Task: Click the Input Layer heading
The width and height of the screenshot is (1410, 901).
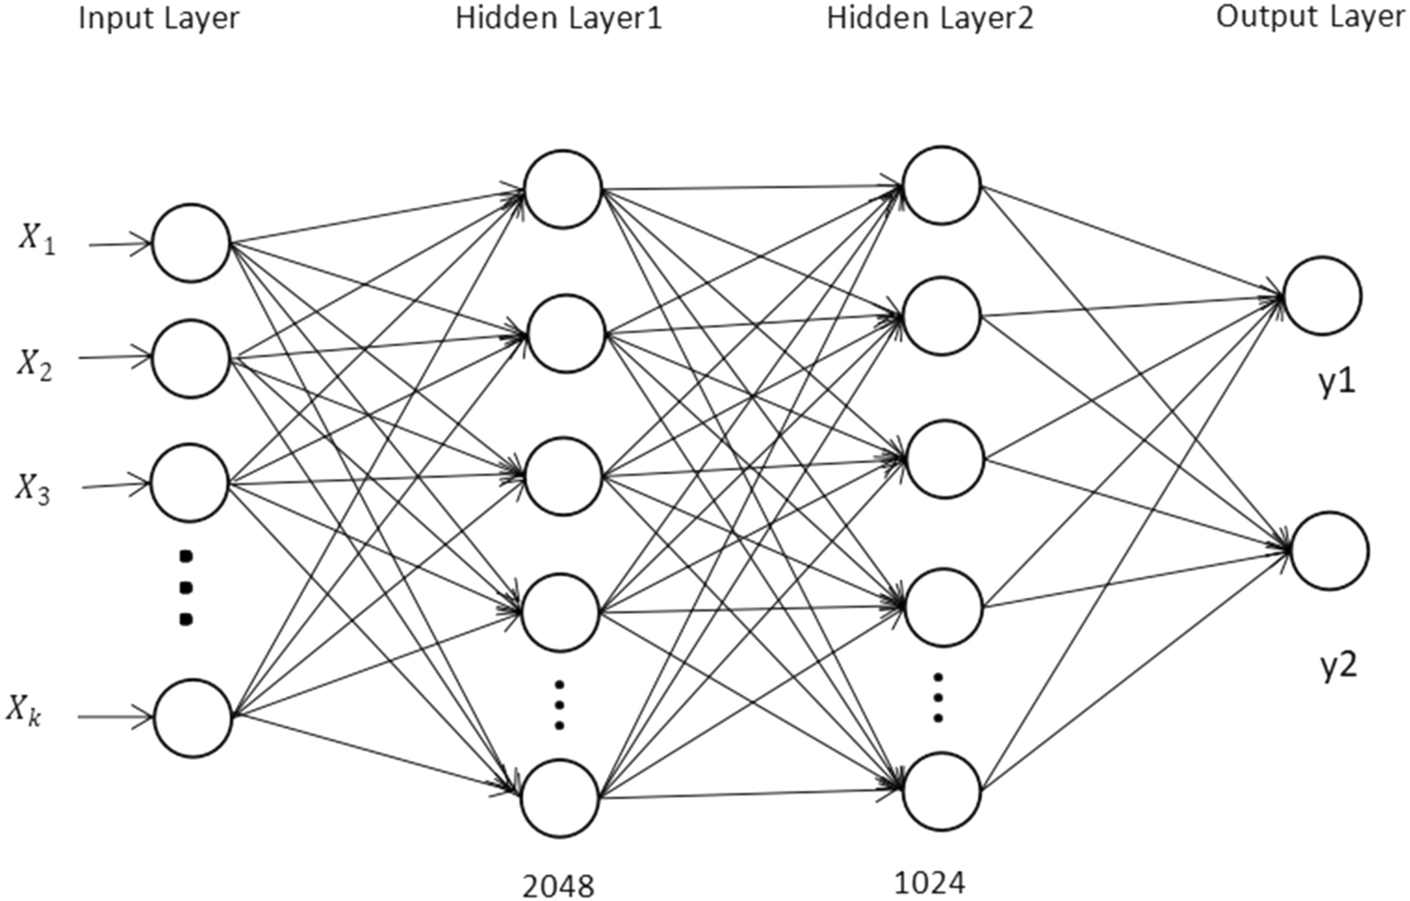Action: click(x=158, y=18)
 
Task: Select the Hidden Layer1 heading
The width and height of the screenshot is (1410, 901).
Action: click(x=559, y=18)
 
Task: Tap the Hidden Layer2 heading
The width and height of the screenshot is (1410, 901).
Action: click(x=930, y=18)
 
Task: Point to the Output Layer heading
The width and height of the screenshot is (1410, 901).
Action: click(x=1311, y=18)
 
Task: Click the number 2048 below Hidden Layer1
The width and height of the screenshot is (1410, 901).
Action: click(x=558, y=885)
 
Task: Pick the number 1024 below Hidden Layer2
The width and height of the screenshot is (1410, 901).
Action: click(x=929, y=882)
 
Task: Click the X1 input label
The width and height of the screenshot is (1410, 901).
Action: click(x=38, y=240)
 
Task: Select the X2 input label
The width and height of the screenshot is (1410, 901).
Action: click(x=35, y=364)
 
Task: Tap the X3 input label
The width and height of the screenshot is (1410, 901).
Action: click(x=33, y=489)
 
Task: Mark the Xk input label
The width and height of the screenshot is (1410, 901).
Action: click(x=25, y=711)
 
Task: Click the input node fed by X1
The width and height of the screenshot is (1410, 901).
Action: click(x=190, y=243)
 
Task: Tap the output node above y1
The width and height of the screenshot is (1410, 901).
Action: click(x=1322, y=296)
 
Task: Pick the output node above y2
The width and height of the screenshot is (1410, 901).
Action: click(x=1329, y=550)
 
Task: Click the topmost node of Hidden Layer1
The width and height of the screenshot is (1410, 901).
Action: click(x=562, y=190)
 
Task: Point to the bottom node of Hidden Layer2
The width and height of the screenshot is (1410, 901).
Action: click(x=942, y=791)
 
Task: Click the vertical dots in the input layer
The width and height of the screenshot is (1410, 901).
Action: click(x=186, y=587)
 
